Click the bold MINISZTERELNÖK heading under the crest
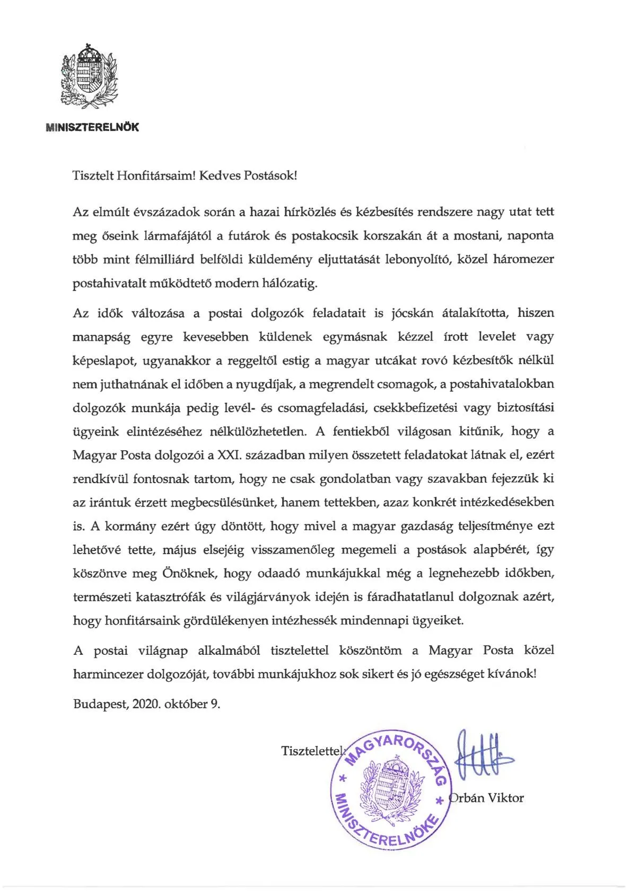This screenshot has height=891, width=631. (93, 128)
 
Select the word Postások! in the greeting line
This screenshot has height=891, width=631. (270, 176)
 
